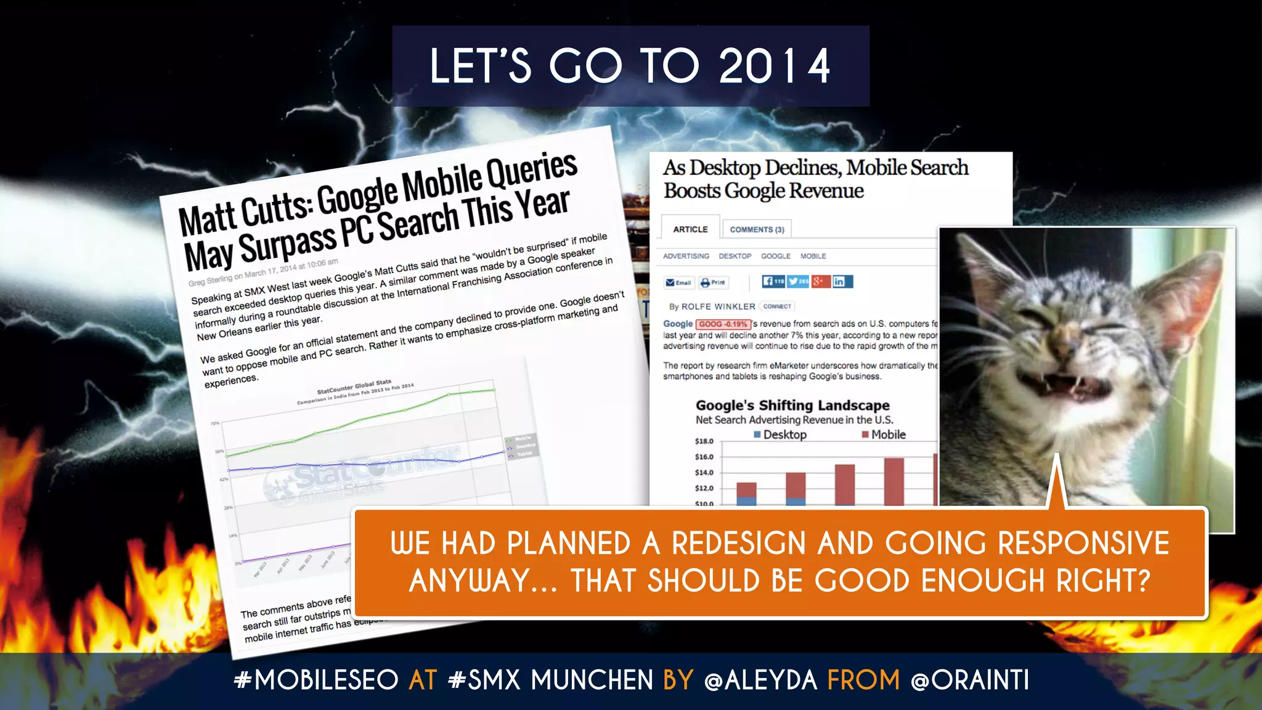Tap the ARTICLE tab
pyautogui.click(x=690, y=229)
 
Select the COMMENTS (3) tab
pyautogui.click(x=757, y=229)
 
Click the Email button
pyautogui.click(x=678, y=282)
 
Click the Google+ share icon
pyautogui.click(x=820, y=282)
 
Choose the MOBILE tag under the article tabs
pyautogui.click(x=813, y=256)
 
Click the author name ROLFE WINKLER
pyautogui.click(x=718, y=306)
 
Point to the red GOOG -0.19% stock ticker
pyautogui.click(x=723, y=324)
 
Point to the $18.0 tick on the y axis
pyautogui.click(x=704, y=441)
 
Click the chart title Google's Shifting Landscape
pyautogui.click(x=792, y=406)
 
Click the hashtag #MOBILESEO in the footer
pyautogui.click(x=316, y=680)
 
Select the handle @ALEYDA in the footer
pyautogui.click(x=760, y=680)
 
